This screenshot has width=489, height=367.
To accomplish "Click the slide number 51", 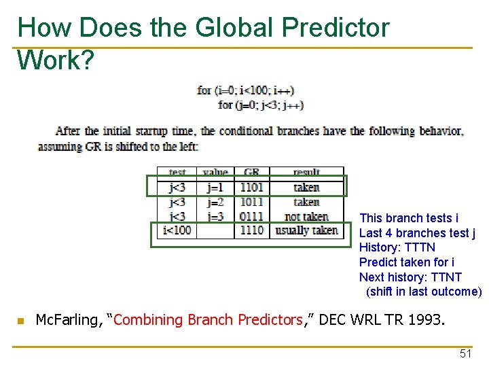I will (465, 353).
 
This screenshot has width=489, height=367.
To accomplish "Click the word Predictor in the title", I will (336, 28).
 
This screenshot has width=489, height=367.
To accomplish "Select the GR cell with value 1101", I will (251, 188).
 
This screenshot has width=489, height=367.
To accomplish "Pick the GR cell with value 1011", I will (251, 202).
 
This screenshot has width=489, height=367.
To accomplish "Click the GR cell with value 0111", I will (251, 217).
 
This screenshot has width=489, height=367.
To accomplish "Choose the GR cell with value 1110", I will (251, 231).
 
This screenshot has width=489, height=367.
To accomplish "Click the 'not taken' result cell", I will (306, 217).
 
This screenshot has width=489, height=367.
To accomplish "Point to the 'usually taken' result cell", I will (306, 231).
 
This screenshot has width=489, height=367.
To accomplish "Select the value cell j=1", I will (215, 188).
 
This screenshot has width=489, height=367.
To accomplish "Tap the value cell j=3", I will (215, 217).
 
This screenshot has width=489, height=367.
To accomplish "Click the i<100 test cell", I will (177, 231).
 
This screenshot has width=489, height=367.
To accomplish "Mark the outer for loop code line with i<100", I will (245, 90).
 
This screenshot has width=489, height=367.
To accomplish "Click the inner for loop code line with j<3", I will (261, 105).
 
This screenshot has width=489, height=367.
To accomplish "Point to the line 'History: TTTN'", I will (397, 247).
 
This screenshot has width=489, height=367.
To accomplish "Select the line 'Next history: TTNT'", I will (410, 277).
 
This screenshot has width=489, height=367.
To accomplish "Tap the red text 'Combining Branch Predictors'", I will (207, 320).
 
